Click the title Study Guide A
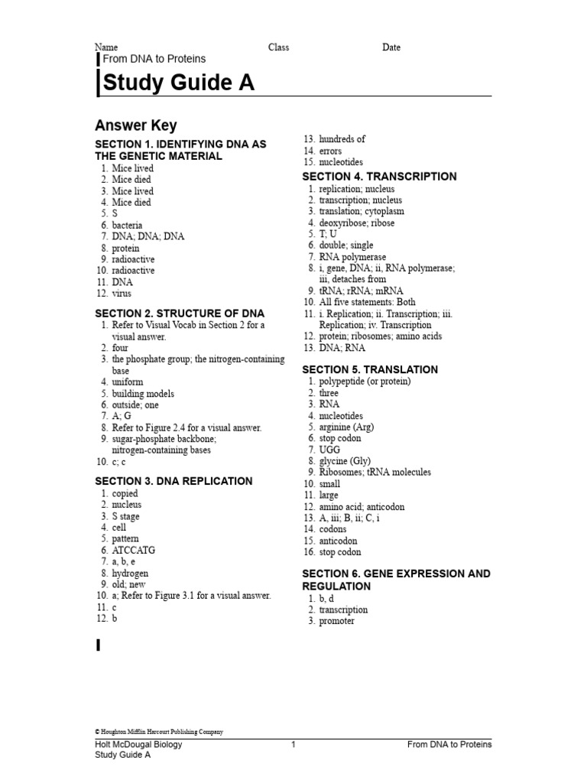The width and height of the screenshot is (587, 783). (x=178, y=83)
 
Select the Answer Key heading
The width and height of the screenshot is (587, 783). (x=135, y=125)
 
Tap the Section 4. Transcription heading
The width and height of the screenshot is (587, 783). (x=379, y=177)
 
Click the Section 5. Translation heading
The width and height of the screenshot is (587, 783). (x=370, y=369)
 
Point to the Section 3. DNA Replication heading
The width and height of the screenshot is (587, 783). (x=174, y=481)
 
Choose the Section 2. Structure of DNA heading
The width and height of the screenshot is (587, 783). (x=180, y=314)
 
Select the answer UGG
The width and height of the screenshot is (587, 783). (x=329, y=450)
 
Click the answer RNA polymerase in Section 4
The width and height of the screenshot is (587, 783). (x=352, y=258)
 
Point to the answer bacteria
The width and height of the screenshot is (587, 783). (x=127, y=226)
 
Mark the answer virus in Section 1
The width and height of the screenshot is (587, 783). (x=122, y=294)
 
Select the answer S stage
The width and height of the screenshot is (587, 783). (x=125, y=517)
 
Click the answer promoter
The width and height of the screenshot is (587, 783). (x=336, y=622)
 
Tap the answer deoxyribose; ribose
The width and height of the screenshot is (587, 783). (x=357, y=223)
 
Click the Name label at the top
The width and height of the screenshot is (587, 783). (x=106, y=47)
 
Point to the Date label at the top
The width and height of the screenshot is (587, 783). (x=391, y=47)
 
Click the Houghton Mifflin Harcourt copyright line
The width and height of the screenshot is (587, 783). (x=159, y=732)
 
